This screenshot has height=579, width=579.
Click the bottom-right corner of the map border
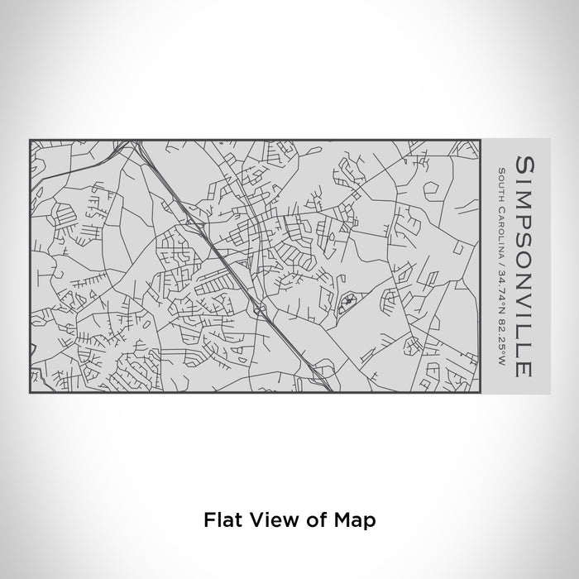click(481, 391)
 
